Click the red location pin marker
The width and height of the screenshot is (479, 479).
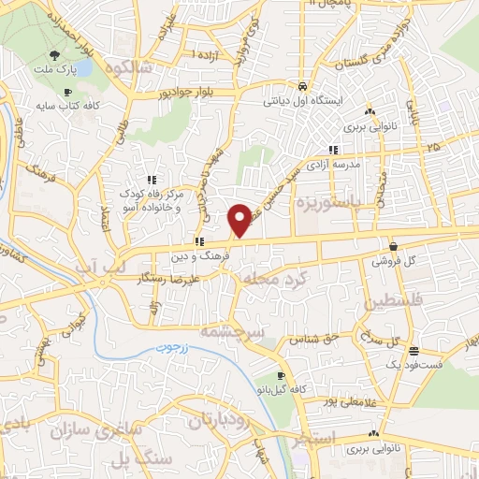coord(239,220)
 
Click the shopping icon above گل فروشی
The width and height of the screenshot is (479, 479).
coord(392,244)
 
